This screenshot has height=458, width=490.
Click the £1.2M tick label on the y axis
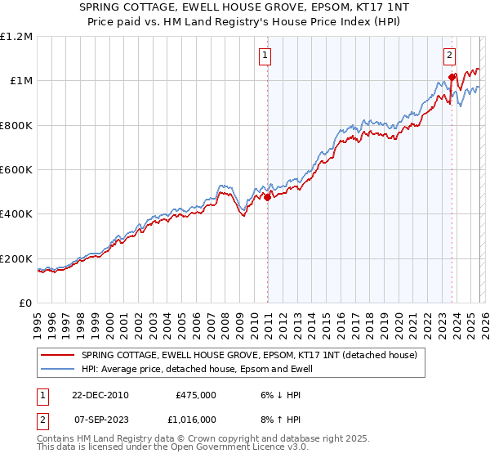pyautogui.click(x=16, y=37)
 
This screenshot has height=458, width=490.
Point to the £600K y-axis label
pyautogui.click(x=16, y=170)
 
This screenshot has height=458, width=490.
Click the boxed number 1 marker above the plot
pyautogui.click(x=267, y=56)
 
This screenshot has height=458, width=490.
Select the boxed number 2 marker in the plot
pyautogui.click(x=450, y=56)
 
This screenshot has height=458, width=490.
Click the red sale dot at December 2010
pyautogui.click(x=267, y=197)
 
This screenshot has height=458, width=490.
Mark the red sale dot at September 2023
pyautogui.click(x=451, y=78)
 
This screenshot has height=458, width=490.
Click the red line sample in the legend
pyautogui.click(x=57, y=355)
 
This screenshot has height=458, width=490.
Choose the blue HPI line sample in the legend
pyautogui.click(x=57, y=370)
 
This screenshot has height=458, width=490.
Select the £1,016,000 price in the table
pyautogui.click(x=196, y=419)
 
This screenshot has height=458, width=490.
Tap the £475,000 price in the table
pyautogui.click(x=196, y=394)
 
